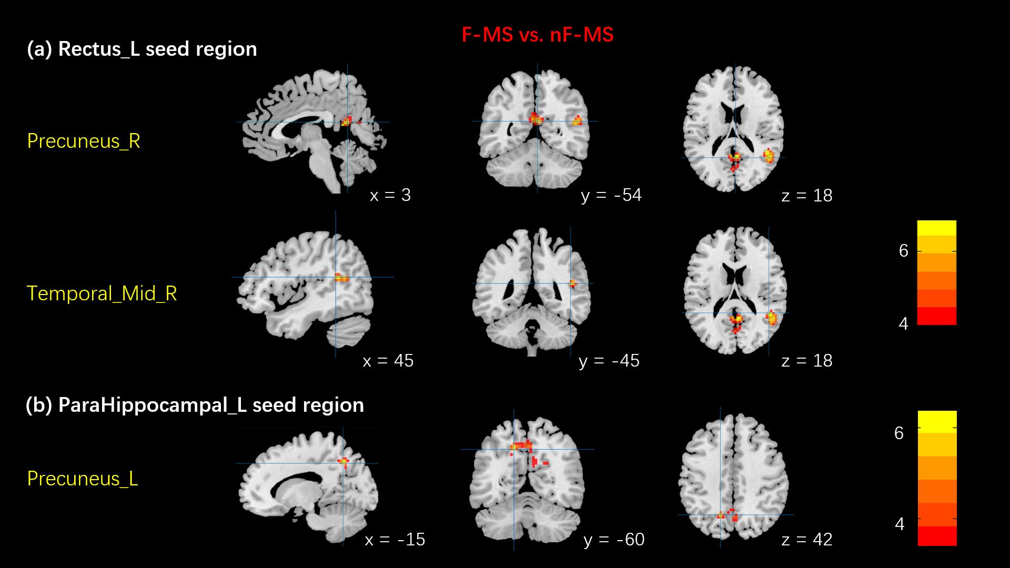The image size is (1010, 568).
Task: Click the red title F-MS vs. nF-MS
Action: click(x=537, y=35)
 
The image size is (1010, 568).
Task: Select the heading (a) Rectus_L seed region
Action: click(x=142, y=49)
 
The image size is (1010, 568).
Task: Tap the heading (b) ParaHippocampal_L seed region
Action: click(x=195, y=405)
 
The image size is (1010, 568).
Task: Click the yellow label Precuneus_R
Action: click(x=84, y=141)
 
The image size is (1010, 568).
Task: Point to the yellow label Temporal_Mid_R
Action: click(x=102, y=293)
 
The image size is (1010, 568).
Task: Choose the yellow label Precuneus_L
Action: click(x=83, y=479)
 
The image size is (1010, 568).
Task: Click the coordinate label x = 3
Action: click(x=390, y=195)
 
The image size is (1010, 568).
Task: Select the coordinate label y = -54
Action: click(x=611, y=195)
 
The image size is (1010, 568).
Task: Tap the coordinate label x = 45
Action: click(x=388, y=361)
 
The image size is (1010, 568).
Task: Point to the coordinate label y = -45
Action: click(x=609, y=361)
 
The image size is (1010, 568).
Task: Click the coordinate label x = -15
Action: click(x=395, y=540)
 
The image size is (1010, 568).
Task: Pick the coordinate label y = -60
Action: click(x=614, y=540)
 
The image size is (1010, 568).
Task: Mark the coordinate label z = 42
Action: click(x=807, y=540)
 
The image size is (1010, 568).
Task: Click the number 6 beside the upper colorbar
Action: click(x=904, y=251)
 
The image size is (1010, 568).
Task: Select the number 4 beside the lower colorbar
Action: click(x=900, y=524)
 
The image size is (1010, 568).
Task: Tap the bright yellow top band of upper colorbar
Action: click(x=936, y=228)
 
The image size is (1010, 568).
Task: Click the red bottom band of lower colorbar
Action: click(x=937, y=536)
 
